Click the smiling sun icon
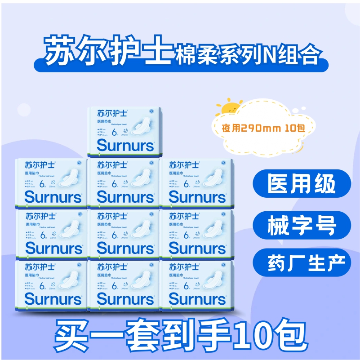pyautogui.click(x=232, y=107)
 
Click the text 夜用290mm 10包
pyautogui.click(x=263, y=128)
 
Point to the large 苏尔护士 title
pyautogui.click(x=106, y=53)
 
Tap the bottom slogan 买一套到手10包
pyautogui.click(x=180, y=333)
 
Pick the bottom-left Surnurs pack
pyautogui.click(x=51, y=284)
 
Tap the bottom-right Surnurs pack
pyautogui.click(x=197, y=284)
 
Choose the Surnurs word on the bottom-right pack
pyautogui.click(x=197, y=298)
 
